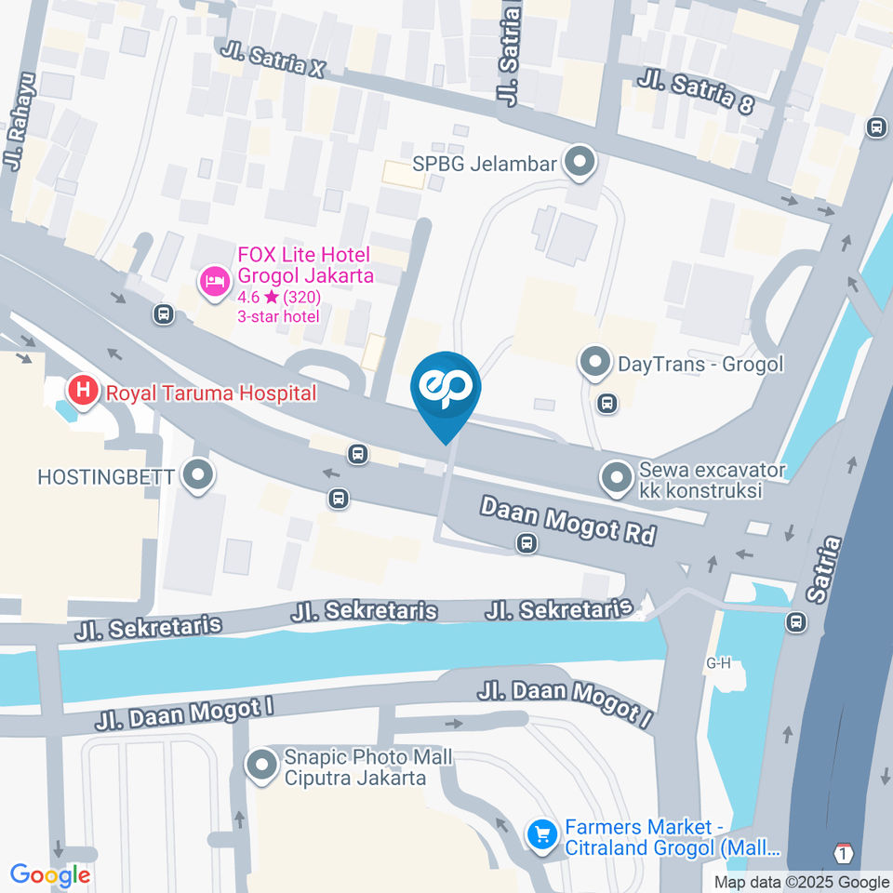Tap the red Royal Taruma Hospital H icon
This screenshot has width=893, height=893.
(84, 392)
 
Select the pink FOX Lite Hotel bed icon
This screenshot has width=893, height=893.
(215, 281)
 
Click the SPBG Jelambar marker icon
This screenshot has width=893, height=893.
(581, 164)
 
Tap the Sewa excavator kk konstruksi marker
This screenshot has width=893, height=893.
(615, 479)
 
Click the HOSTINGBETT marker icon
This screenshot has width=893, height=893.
(197, 477)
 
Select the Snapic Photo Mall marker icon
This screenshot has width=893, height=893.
(261, 766)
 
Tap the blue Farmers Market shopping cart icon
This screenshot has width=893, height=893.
(540, 835)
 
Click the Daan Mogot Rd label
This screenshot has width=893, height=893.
(567, 521)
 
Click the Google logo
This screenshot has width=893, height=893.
(50, 875)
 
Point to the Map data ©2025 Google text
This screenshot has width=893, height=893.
(802, 882)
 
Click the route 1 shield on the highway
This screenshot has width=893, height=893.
(844, 854)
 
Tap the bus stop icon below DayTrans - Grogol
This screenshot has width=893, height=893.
(607, 403)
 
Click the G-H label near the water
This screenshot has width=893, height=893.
(719, 664)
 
